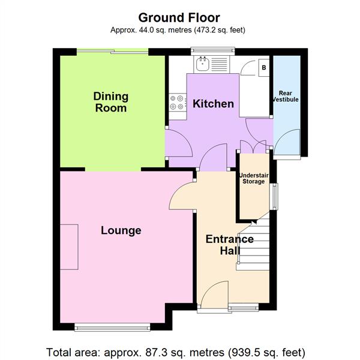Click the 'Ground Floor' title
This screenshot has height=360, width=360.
(179, 18)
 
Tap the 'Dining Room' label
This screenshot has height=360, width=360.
(110, 102)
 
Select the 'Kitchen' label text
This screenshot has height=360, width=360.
(213, 104)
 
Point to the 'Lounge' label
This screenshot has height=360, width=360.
(121, 230)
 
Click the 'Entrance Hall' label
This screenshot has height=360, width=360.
(229, 245)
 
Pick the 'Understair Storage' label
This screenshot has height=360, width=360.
(253, 178)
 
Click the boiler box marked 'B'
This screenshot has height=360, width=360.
(263, 68)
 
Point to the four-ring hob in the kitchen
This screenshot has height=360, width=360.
(177, 103)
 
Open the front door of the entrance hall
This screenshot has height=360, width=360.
(214, 295)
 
